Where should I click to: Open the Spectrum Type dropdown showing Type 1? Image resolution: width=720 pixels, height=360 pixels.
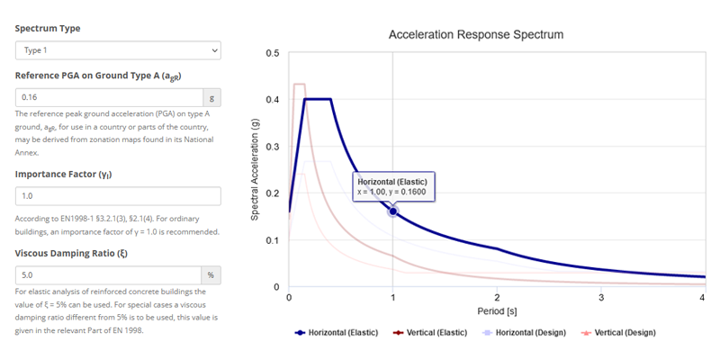pos(117,51)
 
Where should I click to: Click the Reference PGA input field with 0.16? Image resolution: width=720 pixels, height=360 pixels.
pos(108,97)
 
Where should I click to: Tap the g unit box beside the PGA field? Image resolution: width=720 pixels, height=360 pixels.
pos(211,97)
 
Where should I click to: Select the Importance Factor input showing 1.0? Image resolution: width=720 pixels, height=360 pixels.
pos(117,196)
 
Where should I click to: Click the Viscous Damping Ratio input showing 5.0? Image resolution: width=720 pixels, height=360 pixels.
pos(108,275)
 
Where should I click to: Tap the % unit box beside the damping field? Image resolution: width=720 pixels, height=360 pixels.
pos(211,275)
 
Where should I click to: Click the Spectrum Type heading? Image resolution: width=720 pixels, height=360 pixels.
pos(48,28)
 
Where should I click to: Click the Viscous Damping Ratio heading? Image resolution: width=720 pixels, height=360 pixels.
pos(70,253)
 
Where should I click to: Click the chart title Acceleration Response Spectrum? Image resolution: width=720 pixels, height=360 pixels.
pos(475,35)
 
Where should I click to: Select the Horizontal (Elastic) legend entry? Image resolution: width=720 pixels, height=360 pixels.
pos(337,332)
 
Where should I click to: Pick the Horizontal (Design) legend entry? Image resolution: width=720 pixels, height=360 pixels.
pos(527,332)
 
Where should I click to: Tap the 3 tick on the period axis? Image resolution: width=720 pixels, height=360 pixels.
pos(600,297)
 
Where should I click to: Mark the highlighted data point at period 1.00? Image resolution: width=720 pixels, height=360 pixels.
pos(392,211)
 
